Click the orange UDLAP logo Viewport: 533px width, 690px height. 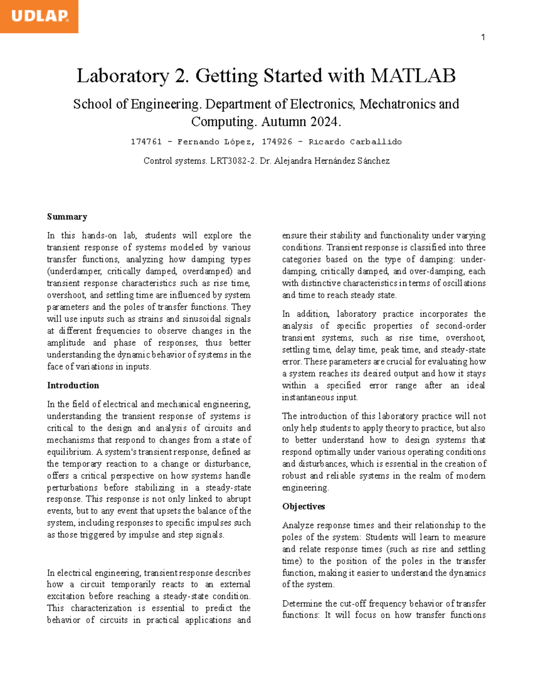[39, 16]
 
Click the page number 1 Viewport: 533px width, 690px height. [483, 38]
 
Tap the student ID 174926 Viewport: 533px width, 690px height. [277, 142]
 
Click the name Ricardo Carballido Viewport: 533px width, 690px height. [355, 142]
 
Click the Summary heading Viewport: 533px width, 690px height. [67, 217]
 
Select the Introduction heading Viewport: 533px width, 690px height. [73, 386]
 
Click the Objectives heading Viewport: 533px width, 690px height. [304, 507]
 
